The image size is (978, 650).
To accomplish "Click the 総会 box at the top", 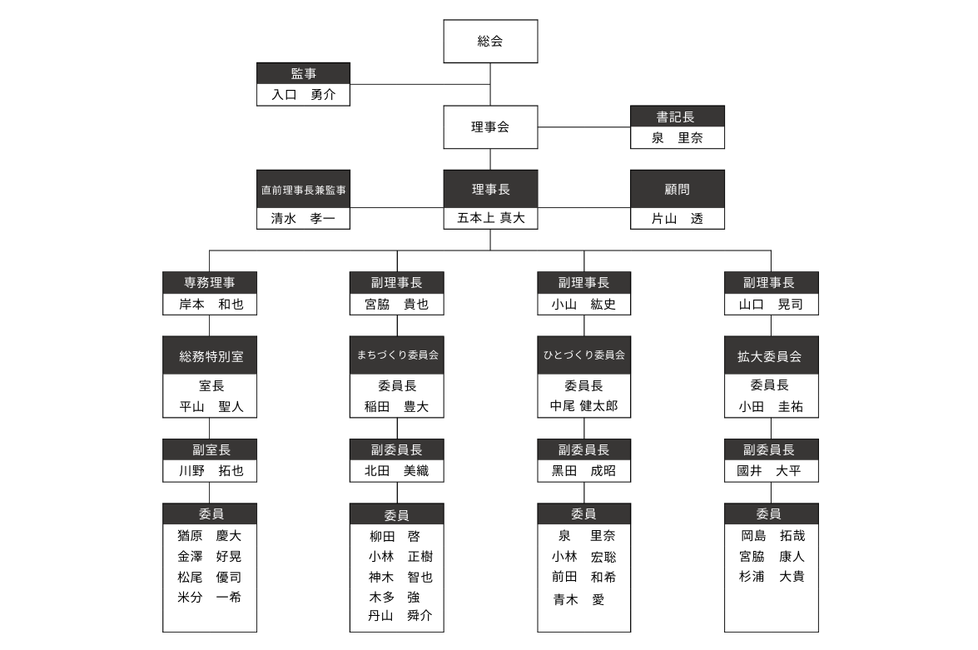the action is pyautogui.click(x=490, y=41).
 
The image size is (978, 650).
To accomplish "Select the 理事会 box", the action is pyautogui.click(x=490, y=127).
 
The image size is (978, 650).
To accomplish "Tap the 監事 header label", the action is pyautogui.click(x=303, y=73).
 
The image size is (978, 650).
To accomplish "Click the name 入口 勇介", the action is pyautogui.click(x=303, y=95).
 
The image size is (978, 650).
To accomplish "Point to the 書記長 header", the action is pyautogui.click(x=678, y=117).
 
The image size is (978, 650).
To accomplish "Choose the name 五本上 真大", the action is pyautogui.click(x=491, y=218).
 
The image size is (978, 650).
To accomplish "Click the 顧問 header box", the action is pyautogui.click(x=678, y=189).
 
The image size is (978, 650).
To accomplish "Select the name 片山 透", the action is pyautogui.click(x=678, y=218).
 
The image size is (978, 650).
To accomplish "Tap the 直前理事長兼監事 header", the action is pyautogui.click(x=303, y=189).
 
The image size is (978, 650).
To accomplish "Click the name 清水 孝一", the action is pyautogui.click(x=303, y=218).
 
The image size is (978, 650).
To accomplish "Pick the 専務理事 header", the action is pyautogui.click(x=210, y=283).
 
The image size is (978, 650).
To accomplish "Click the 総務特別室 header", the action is pyautogui.click(x=210, y=355).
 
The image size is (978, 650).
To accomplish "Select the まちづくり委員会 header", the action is pyautogui.click(x=397, y=355).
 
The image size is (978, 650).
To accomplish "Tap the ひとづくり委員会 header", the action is pyautogui.click(x=583, y=355).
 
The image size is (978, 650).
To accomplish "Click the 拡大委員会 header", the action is pyautogui.click(x=771, y=355).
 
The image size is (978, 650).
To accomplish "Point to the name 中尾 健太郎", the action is pyautogui.click(x=583, y=406).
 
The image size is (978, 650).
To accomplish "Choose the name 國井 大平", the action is pyautogui.click(x=769, y=471).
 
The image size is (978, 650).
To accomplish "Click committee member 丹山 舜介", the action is pyautogui.click(x=400, y=616).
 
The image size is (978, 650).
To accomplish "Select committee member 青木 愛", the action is pyautogui.click(x=578, y=599).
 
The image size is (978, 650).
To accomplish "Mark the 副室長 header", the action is pyautogui.click(x=210, y=449).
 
